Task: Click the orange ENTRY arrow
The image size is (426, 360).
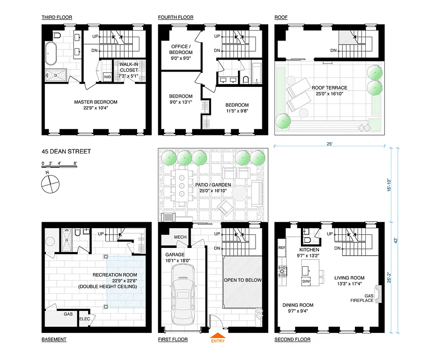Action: click(218, 335)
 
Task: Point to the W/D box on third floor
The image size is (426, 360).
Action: click(108, 77)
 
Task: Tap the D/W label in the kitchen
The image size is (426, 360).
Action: click(306, 282)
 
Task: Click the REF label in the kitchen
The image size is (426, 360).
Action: click(282, 247)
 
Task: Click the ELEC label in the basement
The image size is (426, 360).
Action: click(85, 319)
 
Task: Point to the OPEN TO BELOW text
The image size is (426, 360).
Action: click(242, 280)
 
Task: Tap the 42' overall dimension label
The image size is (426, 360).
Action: click(397, 241)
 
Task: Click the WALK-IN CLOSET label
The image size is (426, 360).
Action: click(128, 67)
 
